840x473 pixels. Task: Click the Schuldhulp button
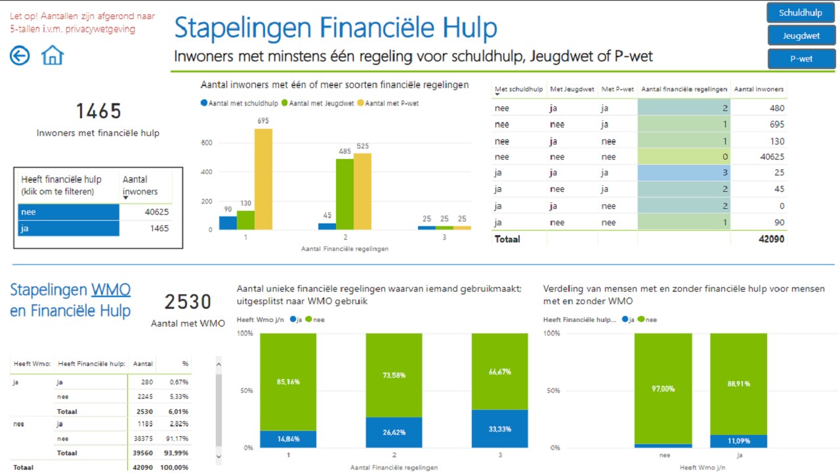801,13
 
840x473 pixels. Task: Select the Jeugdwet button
801,36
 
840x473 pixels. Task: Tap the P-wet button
801,59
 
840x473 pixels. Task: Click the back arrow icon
20,56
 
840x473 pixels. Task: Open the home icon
52,55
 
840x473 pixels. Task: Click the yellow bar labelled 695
263,179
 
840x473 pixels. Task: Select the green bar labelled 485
345,194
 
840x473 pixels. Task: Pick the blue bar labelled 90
228,223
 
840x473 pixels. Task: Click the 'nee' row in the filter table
68,212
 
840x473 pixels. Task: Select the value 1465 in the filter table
158,229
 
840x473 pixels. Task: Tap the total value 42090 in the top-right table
770,239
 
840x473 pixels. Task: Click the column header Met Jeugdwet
572,89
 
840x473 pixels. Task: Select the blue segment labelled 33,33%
499,429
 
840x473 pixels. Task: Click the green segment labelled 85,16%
288,381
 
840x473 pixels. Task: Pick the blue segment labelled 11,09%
738,441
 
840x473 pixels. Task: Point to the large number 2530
188,302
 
